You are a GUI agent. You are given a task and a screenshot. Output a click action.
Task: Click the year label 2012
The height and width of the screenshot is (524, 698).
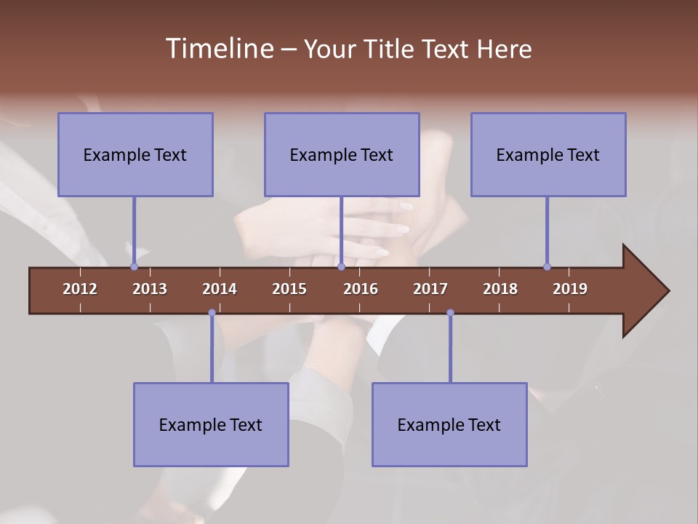(80, 289)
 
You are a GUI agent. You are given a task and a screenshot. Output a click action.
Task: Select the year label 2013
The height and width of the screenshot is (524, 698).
(150, 289)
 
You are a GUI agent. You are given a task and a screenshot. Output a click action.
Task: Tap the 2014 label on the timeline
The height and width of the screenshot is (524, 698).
(220, 289)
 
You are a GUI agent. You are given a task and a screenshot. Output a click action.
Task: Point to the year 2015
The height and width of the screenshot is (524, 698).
(289, 289)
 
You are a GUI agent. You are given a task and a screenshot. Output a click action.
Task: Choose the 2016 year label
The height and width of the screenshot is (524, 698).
(361, 289)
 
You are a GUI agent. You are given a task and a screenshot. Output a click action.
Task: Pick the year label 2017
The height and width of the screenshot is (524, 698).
(430, 289)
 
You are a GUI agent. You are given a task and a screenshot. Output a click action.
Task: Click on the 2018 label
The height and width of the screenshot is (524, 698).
(500, 289)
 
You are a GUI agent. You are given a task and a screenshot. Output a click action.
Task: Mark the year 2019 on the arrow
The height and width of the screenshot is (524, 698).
(570, 289)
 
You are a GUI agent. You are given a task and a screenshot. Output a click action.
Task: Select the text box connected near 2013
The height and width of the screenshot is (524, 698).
(135, 155)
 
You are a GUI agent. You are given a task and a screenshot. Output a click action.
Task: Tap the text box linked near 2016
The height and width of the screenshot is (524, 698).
(342, 155)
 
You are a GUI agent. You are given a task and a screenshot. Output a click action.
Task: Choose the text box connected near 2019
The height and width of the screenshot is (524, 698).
(548, 155)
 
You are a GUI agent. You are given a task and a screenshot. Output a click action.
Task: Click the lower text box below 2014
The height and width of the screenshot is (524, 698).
(211, 425)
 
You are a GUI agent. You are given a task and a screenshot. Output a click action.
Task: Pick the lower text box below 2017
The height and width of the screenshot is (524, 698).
(449, 425)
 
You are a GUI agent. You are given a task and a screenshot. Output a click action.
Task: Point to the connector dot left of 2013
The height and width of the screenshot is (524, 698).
(134, 266)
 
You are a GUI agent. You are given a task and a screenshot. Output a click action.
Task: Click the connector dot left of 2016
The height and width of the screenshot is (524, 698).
(341, 266)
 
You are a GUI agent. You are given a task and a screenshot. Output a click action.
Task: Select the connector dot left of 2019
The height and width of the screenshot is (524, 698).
(547, 266)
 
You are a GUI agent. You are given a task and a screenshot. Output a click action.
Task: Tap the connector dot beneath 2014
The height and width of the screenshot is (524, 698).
(212, 313)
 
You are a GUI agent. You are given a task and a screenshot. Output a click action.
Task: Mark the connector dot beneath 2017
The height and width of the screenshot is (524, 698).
(450, 313)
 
